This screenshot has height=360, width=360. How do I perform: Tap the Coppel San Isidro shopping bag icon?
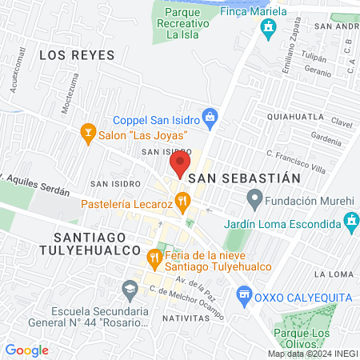coord(210,118)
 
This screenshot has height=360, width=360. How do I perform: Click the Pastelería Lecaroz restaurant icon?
coord(183,201)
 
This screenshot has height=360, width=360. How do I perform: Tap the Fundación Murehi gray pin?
coord(254,196)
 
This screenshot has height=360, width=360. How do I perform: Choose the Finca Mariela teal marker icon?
coord(268,28)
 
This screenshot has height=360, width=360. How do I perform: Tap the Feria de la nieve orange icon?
coord(153,257)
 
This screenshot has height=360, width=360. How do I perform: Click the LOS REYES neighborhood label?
coord(77,55)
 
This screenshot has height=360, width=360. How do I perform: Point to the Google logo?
coord(27,350)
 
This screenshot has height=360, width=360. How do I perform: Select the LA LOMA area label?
coord(333,274)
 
